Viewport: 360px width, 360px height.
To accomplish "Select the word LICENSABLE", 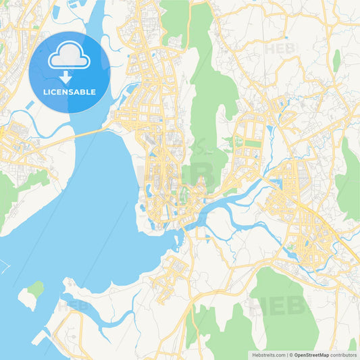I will (69, 92).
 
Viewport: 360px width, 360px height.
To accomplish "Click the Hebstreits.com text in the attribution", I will (267, 355).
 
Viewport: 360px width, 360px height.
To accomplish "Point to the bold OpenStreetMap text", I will (311, 355).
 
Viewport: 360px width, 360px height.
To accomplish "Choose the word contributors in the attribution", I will (344, 355).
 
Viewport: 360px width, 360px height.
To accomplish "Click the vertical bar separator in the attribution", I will (288, 355).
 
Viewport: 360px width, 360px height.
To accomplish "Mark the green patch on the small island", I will (36, 289).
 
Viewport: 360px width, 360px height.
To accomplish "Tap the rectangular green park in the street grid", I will (251, 143).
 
